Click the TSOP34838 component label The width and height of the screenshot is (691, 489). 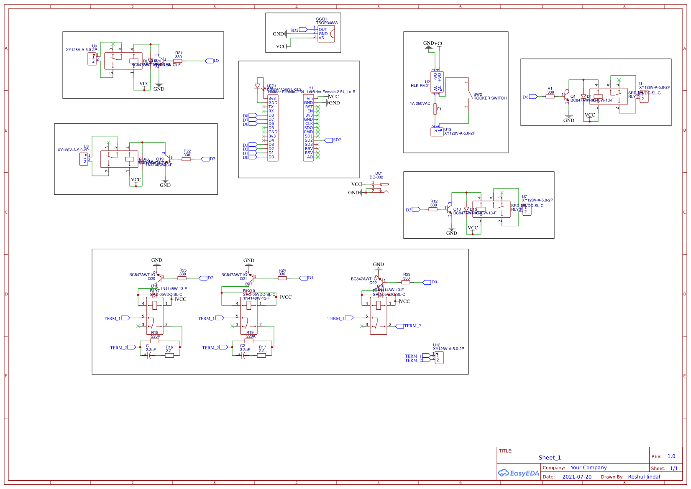[326, 23]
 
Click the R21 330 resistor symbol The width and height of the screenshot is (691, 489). [178, 61]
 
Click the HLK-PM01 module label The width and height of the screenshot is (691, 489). [420, 86]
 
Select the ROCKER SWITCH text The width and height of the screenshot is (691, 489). [490, 98]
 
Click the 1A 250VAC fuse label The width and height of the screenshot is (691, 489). [420, 104]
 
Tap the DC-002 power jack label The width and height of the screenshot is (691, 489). [376, 177]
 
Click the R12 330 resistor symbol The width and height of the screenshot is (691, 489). [433, 209]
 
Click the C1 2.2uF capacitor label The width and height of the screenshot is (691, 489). [151, 348]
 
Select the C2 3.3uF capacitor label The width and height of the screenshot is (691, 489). [245, 348]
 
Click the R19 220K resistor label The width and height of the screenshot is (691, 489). [250, 334]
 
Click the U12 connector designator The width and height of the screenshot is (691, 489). [436, 345]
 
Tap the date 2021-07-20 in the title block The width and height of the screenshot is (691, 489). [576, 477]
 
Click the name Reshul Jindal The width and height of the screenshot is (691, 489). [644, 477]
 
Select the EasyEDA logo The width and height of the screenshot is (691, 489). [518, 473]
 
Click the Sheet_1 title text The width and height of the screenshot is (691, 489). [550, 458]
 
